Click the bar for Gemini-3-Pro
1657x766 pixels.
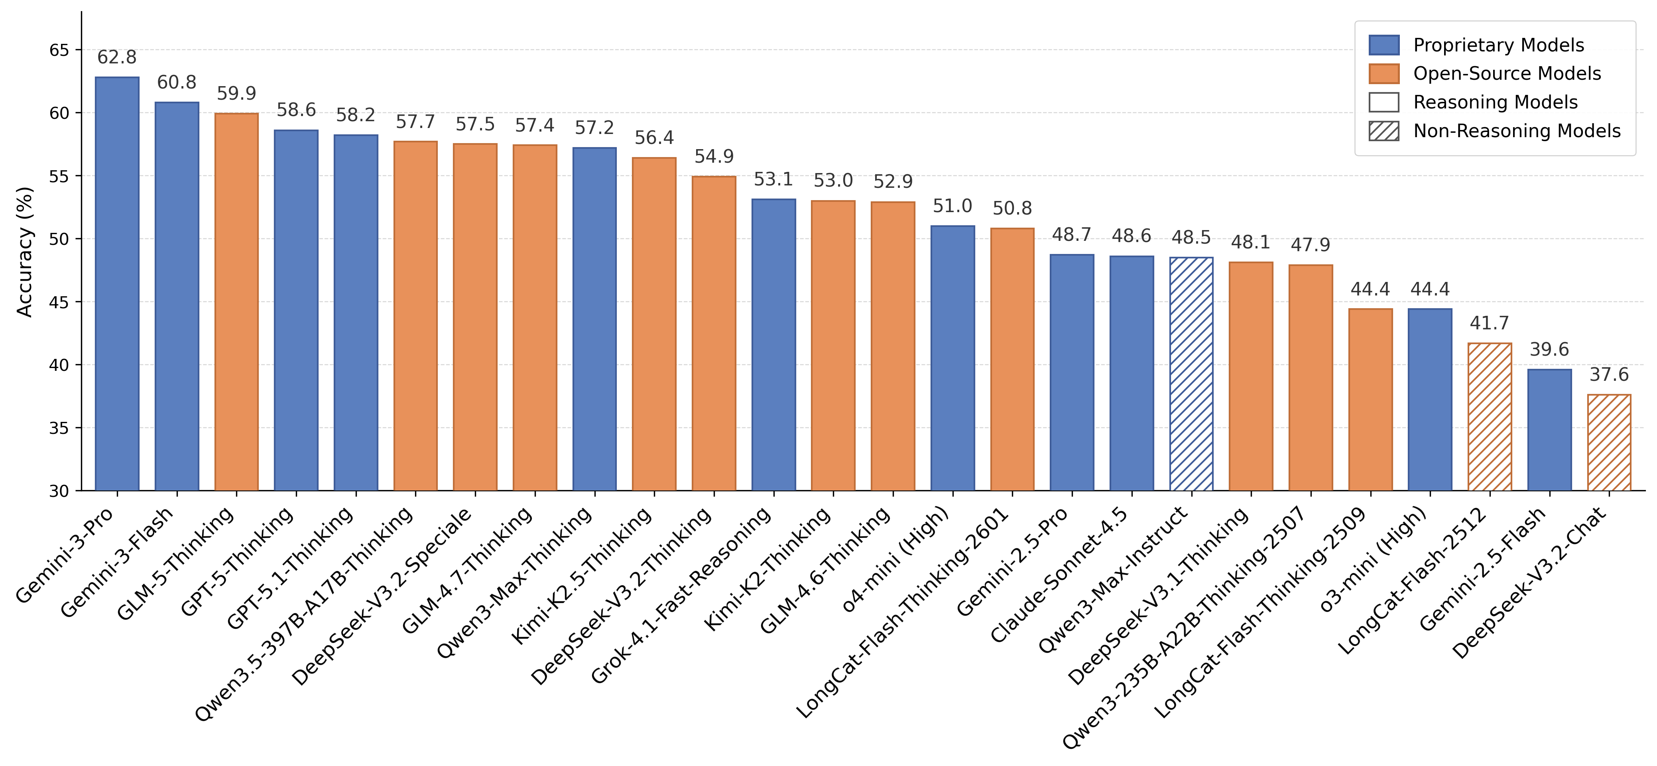click(x=117, y=284)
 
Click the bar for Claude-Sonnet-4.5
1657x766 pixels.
click(x=1132, y=373)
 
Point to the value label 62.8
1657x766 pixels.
click(x=117, y=58)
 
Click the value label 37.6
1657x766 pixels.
click(x=1609, y=375)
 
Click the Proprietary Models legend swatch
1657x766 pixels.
click(x=1383, y=45)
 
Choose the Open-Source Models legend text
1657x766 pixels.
click(x=1506, y=74)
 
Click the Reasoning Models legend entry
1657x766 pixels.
click(x=1495, y=102)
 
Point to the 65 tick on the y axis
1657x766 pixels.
click(x=59, y=50)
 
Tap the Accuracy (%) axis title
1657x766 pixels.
click(x=24, y=252)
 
